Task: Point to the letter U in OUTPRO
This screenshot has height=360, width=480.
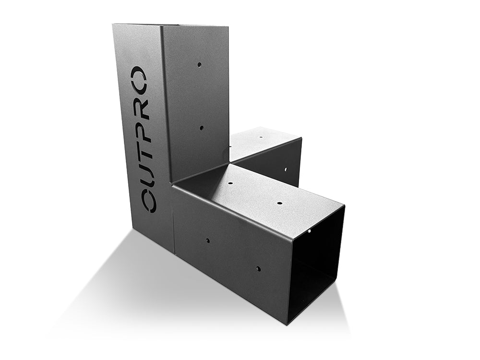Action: tap(146, 172)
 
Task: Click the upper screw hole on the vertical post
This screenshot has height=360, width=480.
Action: tap(199, 64)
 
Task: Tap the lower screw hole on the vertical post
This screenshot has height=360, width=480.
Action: tap(201, 128)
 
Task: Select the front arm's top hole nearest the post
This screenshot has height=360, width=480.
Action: tap(230, 183)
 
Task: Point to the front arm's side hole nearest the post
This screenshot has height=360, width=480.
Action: tap(208, 240)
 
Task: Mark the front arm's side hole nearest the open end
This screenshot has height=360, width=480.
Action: tap(258, 269)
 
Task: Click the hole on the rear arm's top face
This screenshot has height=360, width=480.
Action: tap(262, 137)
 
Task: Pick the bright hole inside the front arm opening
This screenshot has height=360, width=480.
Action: tap(310, 230)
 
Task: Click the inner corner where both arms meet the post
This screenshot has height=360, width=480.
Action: tap(229, 162)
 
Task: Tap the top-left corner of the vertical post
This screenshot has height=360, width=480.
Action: tap(113, 24)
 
